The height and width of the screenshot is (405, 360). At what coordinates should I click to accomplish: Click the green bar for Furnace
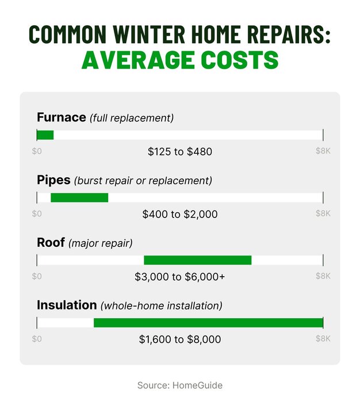click(45, 135)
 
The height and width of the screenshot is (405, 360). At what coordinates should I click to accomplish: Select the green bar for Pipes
click(79, 197)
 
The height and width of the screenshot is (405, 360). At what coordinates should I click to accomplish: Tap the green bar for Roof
click(197, 260)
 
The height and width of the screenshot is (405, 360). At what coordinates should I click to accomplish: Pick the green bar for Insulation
click(208, 322)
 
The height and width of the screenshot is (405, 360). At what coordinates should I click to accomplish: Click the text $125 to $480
click(180, 152)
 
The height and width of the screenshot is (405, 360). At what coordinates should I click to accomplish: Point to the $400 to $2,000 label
click(180, 215)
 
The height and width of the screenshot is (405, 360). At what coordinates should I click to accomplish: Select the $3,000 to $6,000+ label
click(180, 277)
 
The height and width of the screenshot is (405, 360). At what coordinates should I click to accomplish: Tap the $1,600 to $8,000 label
click(180, 339)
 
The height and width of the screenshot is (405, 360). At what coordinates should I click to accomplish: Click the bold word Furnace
click(61, 118)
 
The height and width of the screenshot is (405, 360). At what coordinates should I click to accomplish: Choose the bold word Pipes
click(53, 180)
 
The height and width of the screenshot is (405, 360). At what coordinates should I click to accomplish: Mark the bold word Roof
click(51, 243)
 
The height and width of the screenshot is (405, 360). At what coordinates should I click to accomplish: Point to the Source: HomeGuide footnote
click(180, 385)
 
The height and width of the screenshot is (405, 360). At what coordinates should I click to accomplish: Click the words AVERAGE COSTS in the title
click(180, 60)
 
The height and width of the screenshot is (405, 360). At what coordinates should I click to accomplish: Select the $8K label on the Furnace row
click(323, 151)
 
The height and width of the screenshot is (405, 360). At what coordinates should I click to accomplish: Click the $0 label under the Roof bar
click(37, 276)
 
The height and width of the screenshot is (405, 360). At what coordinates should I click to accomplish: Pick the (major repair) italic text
click(101, 243)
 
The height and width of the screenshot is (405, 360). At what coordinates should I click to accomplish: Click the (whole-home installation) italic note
click(162, 305)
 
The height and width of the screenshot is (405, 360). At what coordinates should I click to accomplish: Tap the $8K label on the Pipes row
click(323, 213)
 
